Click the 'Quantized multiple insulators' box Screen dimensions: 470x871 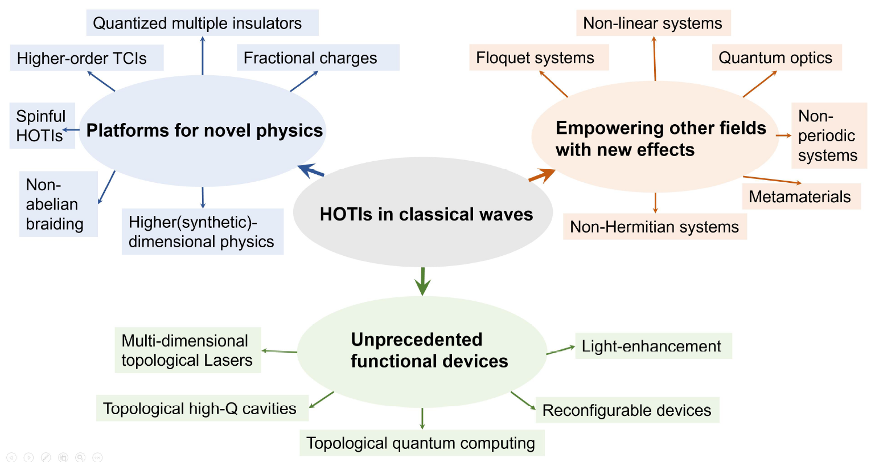[202, 23]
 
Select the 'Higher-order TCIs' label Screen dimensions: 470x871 [87, 58]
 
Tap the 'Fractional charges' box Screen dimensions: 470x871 [318, 58]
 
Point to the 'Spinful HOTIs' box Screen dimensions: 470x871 [42, 126]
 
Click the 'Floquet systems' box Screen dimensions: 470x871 [539, 58]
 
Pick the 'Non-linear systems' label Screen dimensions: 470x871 [653, 23]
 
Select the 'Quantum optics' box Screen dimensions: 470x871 [776, 58]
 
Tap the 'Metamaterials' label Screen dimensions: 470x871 [800, 197]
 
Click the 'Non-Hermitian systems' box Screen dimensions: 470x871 [655, 227]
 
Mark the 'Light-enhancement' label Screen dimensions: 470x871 [653, 346]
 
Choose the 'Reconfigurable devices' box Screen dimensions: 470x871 [627, 410]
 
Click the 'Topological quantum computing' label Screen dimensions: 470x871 [421, 443]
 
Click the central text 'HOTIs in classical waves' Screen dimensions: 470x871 [426, 214]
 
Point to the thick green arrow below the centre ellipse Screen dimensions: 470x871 [422, 281]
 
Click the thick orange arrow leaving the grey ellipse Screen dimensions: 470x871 [541, 175]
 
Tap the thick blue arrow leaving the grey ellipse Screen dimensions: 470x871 [311, 170]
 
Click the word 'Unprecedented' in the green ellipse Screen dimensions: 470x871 [417, 340]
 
